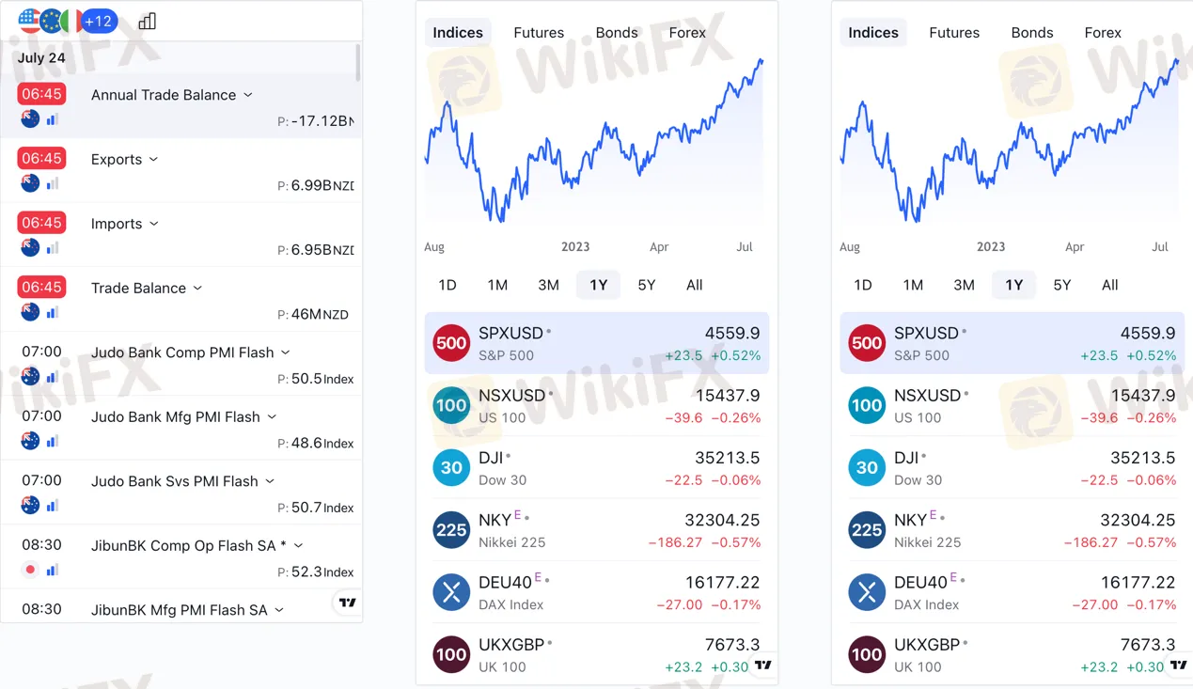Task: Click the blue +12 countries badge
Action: pos(99,21)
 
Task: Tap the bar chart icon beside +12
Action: pos(148,21)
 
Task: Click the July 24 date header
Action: pos(41,57)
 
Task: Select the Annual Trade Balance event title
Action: pos(164,95)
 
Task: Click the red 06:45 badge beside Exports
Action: pos(41,158)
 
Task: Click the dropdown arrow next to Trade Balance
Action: pos(197,288)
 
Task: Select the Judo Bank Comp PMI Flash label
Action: pos(182,352)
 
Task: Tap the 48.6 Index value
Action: pos(306,443)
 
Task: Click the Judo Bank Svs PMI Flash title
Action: pos(174,481)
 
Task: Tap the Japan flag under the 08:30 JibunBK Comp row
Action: pos(31,570)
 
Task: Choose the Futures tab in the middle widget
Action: pos(539,33)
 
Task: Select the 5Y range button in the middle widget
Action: pos(646,285)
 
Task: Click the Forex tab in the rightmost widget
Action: pos(1103,33)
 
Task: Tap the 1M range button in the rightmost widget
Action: pos(913,285)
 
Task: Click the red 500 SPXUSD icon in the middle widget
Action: pos(451,343)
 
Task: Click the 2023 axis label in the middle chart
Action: pos(575,247)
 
